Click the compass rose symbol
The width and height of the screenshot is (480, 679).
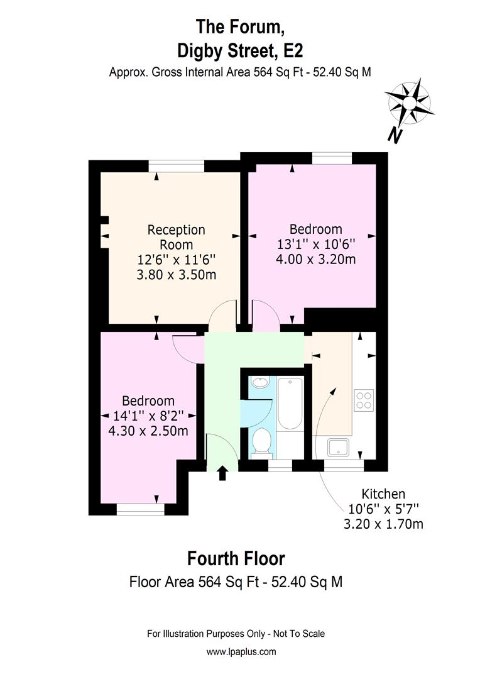[410, 102]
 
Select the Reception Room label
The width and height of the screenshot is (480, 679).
[176, 237]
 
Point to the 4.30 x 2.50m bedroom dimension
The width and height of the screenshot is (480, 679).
[148, 431]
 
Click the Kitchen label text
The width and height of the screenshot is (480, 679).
[383, 494]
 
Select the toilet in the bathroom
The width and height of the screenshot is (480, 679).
[260, 441]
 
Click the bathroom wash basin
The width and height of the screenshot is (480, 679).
[259, 382]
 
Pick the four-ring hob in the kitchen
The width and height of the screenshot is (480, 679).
[364, 400]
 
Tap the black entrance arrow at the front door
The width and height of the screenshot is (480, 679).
[222, 473]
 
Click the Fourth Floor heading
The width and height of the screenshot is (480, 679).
[236, 558]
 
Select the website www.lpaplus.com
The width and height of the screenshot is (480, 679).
[241, 652]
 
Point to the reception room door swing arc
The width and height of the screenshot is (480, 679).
[221, 312]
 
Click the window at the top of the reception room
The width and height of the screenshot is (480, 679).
[177, 166]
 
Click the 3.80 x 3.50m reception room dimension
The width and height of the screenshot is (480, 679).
[176, 275]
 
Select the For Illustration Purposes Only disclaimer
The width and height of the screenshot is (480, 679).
[236, 634]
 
